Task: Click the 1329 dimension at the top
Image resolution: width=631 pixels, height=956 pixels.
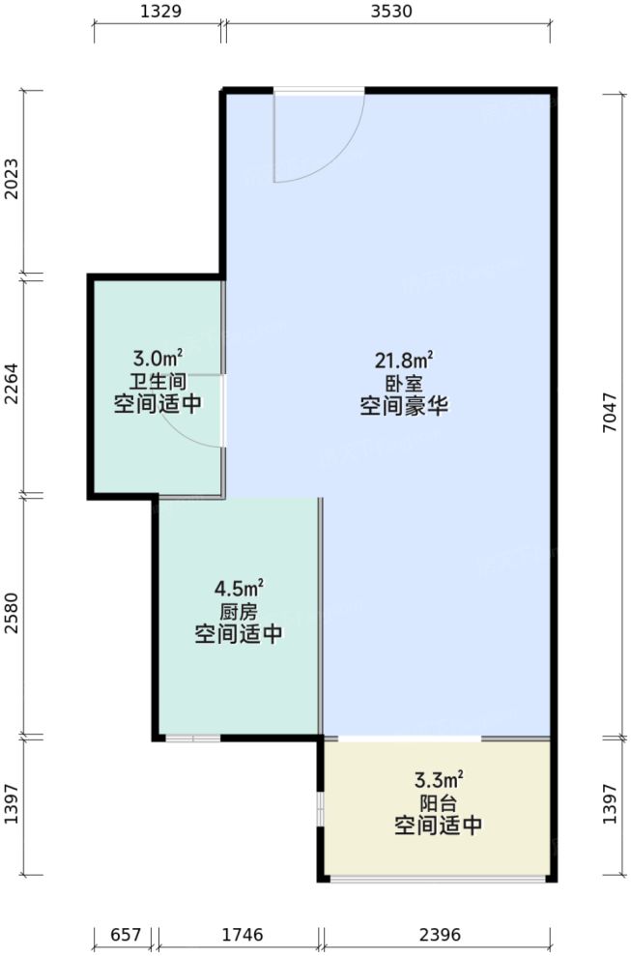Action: click(158, 13)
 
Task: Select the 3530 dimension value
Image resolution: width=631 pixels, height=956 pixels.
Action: click(390, 13)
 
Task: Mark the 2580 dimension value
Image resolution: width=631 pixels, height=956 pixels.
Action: click(13, 616)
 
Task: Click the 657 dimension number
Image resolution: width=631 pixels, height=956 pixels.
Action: click(126, 935)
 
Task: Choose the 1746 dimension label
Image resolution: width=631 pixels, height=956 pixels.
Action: click(239, 935)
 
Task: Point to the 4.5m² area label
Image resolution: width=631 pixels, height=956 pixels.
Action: click(239, 588)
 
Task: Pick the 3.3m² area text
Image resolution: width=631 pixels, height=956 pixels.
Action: click(438, 779)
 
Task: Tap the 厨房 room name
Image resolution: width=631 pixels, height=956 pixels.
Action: click(239, 611)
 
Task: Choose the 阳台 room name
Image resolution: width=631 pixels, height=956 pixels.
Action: click(438, 802)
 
